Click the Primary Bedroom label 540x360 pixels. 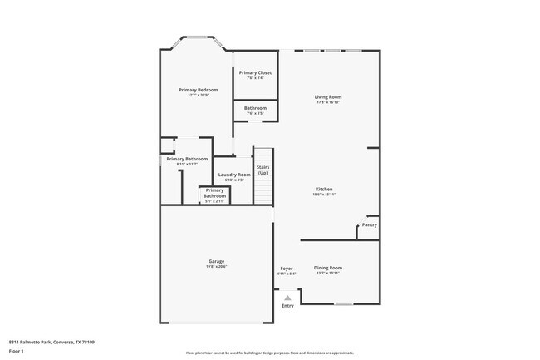pyautogui.click(x=198, y=89)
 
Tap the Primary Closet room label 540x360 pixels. pyautogui.click(x=255, y=73)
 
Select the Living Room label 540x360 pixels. pyautogui.click(x=327, y=97)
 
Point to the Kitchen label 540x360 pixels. pyautogui.click(x=324, y=189)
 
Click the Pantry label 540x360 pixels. pyautogui.click(x=369, y=224)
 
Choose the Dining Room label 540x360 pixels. pyautogui.click(x=327, y=268)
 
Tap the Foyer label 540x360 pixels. pyautogui.click(x=286, y=269)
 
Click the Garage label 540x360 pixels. pyautogui.click(x=216, y=261)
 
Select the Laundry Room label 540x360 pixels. pyautogui.click(x=234, y=175)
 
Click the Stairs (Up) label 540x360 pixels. pyautogui.click(x=263, y=170)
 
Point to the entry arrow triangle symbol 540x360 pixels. pyautogui.click(x=287, y=297)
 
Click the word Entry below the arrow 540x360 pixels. pyautogui.click(x=287, y=306)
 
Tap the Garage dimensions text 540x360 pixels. pyautogui.click(x=216, y=267)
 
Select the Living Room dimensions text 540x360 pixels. pyautogui.click(x=327, y=103)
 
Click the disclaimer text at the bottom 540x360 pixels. pyautogui.click(x=269, y=353)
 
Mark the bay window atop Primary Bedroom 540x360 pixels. pyautogui.click(x=197, y=37)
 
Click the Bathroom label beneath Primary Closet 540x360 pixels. pyautogui.click(x=255, y=108)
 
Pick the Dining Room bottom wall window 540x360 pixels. pyautogui.click(x=343, y=303)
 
